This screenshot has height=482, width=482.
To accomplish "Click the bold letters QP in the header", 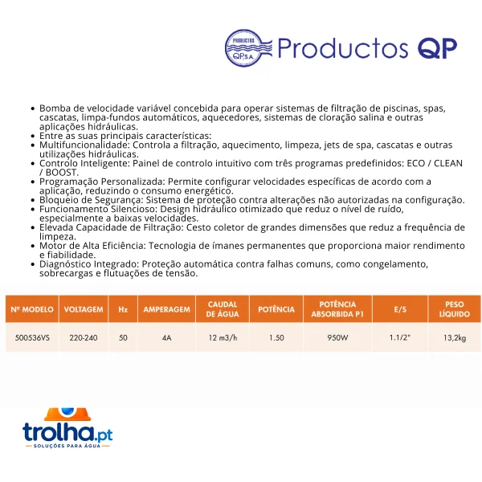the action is (437, 48).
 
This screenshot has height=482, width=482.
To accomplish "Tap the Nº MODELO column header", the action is (32, 309).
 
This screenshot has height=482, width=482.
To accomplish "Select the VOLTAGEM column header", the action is (84, 309).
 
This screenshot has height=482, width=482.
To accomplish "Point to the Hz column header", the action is (123, 309).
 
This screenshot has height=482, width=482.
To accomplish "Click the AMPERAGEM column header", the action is (166, 309).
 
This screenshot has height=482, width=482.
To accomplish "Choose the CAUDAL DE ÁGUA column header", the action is (223, 309).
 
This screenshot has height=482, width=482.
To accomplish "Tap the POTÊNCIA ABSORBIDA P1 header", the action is (337, 309).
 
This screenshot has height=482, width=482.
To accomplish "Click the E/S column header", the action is (400, 309).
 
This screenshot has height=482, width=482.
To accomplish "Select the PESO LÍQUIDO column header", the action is (455, 309).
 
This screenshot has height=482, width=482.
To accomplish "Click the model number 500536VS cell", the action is (32, 337).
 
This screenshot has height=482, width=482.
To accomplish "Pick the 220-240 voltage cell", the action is (84, 337).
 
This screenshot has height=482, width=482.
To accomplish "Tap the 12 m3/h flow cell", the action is (223, 337).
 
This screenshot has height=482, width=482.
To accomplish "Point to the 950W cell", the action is (337, 337).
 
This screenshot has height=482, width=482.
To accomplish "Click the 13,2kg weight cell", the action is (455, 338).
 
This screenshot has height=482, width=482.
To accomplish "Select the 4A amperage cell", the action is (166, 337).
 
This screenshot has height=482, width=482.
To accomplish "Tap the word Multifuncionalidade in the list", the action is (84, 145).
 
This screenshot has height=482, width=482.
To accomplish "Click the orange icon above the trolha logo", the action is (67, 414).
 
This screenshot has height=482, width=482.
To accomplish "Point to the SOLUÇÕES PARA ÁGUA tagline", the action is (67, 446).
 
